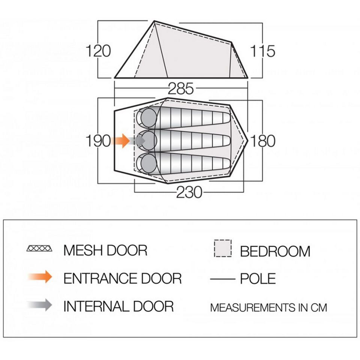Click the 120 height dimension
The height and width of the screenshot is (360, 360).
click(x=98, y=51)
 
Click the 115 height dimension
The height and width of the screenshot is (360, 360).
click(x=262, y=51)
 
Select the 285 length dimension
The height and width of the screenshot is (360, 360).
click(x=181, y=88)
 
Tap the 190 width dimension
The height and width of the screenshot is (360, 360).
click(x=98, y=141)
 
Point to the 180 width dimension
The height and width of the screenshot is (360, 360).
click(x=262, y=141)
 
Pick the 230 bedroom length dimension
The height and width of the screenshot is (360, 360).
click(x=189, y=192)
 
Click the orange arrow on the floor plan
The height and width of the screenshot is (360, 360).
click(x=120, y=141)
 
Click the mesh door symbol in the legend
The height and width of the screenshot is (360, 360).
click(x=39, y=248)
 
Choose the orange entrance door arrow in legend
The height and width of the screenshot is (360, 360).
click(x=40, y=277)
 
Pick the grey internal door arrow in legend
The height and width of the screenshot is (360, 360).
click(x=40, y=305)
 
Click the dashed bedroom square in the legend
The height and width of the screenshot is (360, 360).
click(x=223, y=248)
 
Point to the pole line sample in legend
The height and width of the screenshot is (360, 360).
click(x=222, y=279)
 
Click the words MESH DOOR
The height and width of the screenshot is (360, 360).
click(x=105, y=250)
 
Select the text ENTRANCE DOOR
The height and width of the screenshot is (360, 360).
click(x=122, y=279)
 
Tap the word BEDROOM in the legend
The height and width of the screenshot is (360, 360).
click(x=275, y=251)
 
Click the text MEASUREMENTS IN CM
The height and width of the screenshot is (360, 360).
click(x=268, y=307)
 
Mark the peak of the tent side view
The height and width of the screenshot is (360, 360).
click(x=154, y=21)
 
